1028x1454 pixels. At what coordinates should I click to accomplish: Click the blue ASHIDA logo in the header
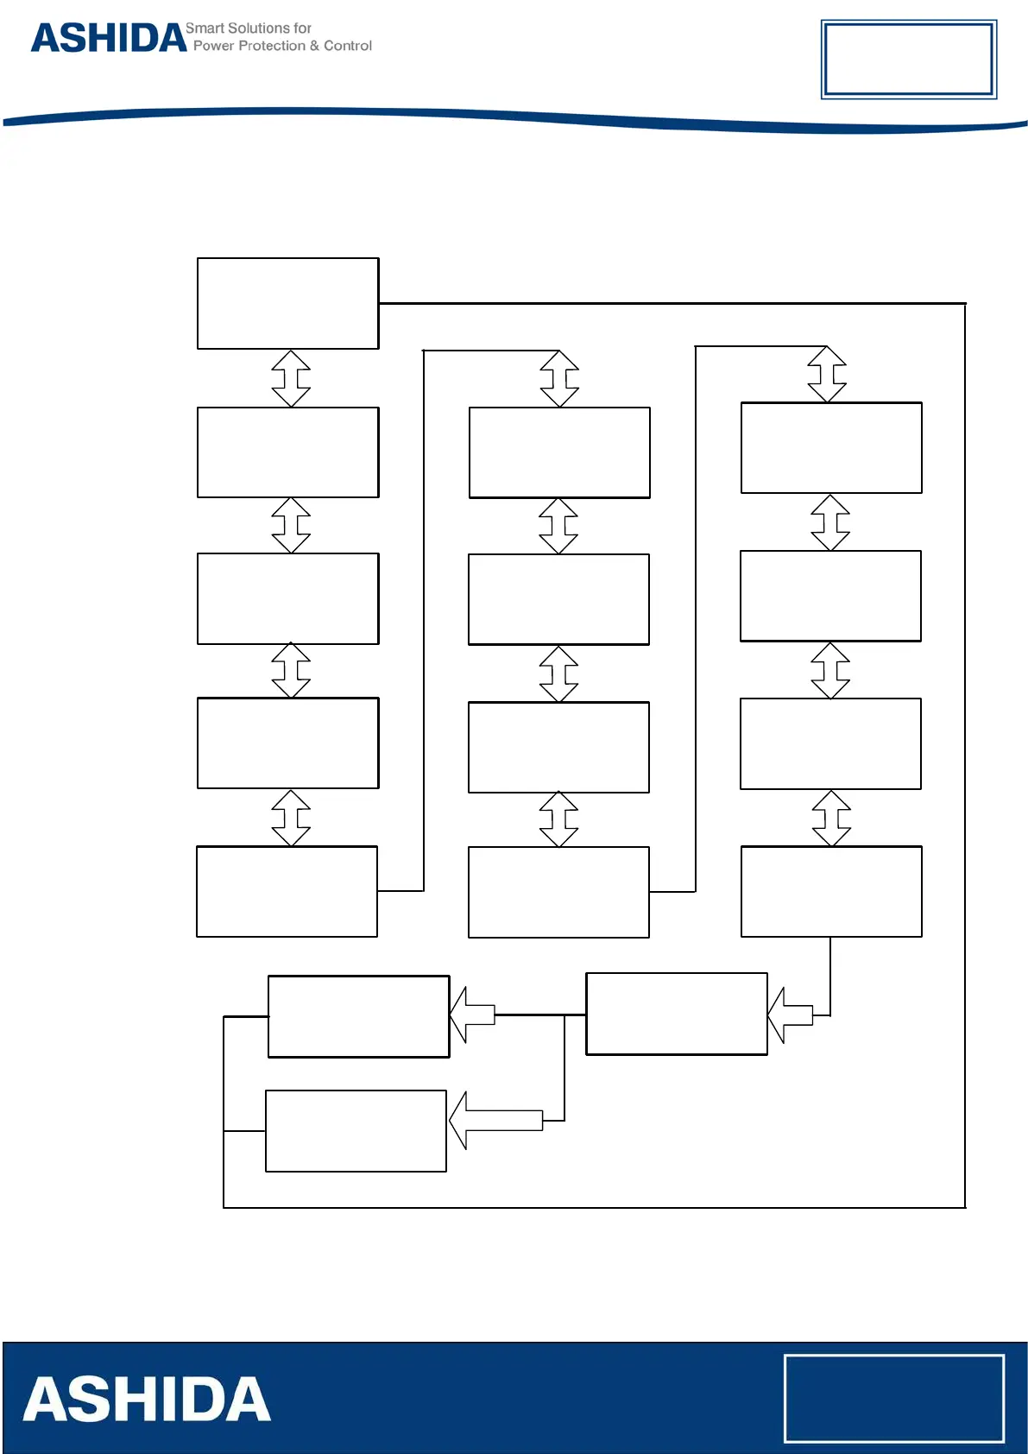(x=109, y=39)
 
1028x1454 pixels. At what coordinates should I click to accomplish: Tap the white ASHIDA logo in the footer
(x=147, y=1400)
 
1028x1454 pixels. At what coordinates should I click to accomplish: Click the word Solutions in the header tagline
(x=259, y=28)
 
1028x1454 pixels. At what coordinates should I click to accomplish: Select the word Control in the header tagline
(x=348, y=46)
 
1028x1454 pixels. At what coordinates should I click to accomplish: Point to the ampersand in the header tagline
(x=314, y=46)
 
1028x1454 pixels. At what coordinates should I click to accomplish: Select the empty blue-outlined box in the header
(x=908, y=60)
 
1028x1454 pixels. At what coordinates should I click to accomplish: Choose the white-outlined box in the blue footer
(x=893, y=1398)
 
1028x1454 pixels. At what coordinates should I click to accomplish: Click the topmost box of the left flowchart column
(x=287, y=303)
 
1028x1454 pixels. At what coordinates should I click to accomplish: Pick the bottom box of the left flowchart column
(x=287, y=891)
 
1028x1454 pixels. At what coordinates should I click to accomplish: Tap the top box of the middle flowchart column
(x=559, y=452)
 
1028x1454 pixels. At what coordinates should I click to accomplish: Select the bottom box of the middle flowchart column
(x=558, y=892)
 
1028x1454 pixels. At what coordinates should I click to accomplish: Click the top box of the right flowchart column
(x=831, y=447)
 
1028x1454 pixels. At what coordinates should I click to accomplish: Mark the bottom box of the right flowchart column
(x=831, y=891)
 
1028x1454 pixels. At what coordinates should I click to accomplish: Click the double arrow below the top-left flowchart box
(x=291, y=378)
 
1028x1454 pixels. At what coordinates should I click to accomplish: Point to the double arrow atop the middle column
(x=559, y=378)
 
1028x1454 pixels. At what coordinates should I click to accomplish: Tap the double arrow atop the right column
(x=827, y=374)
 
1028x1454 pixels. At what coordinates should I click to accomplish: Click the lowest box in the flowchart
(x=356, y=1130)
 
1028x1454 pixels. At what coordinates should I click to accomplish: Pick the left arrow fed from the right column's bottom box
(x=791, y=1015)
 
